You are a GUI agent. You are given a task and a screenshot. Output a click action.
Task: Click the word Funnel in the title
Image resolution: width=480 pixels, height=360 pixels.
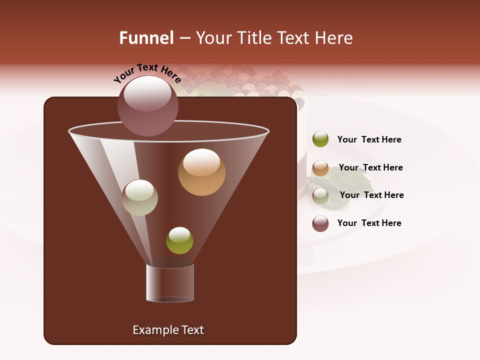coord(146,38)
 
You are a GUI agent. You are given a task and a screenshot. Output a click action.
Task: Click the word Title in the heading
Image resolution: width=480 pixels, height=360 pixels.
coord(252,38)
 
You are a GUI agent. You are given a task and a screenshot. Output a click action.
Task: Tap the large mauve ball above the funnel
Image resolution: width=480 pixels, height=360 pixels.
coord(147,106)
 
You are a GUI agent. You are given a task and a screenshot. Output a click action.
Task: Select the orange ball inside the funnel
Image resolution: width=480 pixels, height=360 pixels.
coord(201,172)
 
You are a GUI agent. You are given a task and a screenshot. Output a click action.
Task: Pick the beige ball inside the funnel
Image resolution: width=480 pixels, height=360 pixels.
coord(139,197)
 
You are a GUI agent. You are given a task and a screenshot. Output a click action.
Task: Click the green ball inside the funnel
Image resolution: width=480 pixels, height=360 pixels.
coord(179,240)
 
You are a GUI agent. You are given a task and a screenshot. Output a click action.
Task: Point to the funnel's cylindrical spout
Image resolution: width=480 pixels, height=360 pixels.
coord(170,283)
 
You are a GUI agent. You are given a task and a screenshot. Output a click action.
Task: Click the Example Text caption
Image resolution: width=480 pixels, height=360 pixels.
coord(168,330)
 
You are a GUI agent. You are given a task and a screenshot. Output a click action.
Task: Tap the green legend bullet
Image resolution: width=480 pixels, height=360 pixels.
coord(320,139)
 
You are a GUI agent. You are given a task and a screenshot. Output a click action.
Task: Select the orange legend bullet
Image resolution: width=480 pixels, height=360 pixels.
coord(320,168)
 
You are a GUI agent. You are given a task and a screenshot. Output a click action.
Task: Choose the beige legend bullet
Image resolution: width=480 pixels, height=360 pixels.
coord(320,196)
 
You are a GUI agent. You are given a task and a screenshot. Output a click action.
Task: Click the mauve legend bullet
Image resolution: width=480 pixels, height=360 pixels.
coord(320,223)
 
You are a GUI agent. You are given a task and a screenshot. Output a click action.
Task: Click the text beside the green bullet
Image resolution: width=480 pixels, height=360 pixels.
coord(369,140)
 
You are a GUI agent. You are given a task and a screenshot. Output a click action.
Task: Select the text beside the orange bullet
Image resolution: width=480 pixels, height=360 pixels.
coord(370,168)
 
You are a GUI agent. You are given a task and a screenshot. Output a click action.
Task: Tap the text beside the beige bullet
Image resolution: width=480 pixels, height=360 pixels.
coord(371,195)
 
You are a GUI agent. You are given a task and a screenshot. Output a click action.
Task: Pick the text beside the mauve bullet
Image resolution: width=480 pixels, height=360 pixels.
coord(369,223)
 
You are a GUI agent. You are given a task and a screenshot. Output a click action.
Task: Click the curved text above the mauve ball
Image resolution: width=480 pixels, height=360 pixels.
coord(147,73)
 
